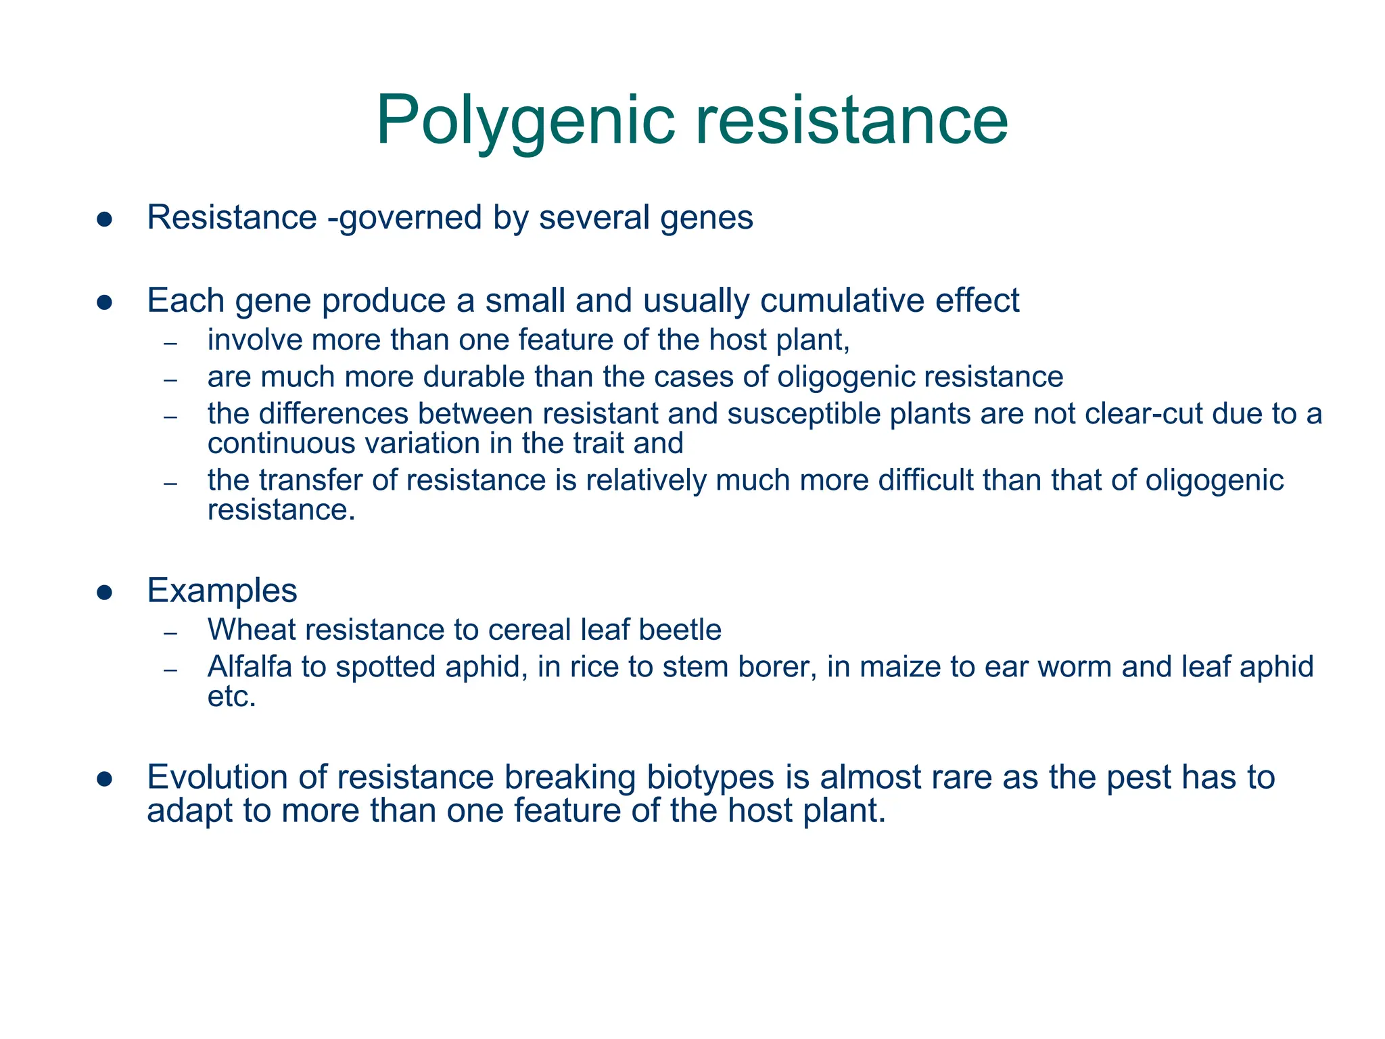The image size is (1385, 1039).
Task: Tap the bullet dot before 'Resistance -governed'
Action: coord(104,219)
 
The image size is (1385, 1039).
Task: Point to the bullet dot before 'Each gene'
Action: coord(104,302)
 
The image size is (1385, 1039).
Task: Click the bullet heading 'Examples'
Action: coord(222,590)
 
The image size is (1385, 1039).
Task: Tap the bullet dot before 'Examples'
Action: coord(104,593)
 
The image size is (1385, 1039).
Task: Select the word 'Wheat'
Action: coord(252,630)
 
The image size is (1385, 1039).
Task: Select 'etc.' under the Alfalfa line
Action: coord(232,697)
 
